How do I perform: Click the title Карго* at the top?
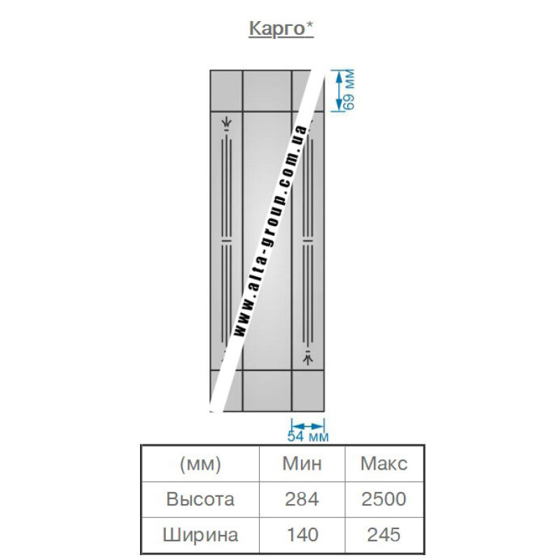281,29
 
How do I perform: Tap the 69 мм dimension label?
349,90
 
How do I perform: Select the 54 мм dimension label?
308,436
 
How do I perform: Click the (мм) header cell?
200,464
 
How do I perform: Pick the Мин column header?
302,463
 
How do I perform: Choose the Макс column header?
384,463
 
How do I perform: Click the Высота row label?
200,499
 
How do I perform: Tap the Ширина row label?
200,535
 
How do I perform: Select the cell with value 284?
302,499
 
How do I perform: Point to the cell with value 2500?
384,499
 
